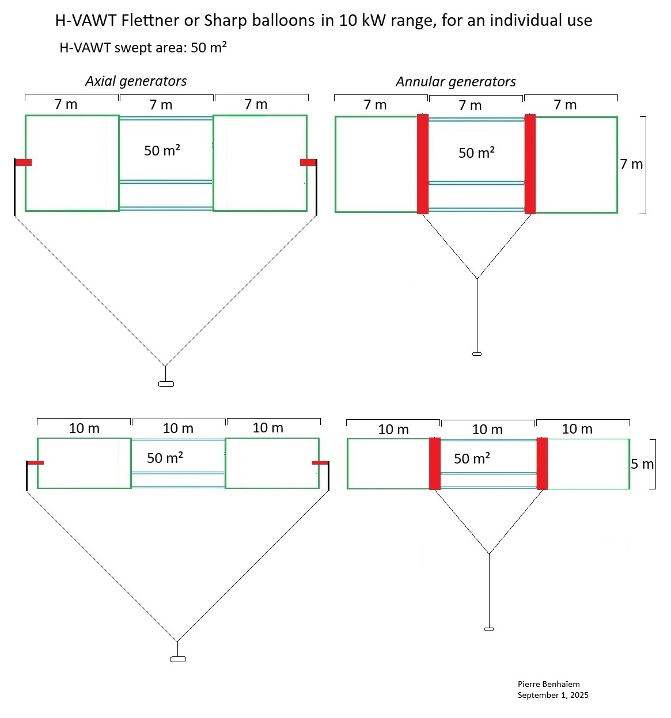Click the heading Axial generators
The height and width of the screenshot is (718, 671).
[x=136, y=81]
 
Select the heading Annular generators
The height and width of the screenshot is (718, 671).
[x=456, y=82]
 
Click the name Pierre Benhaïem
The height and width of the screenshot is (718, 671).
[x=548, y=684]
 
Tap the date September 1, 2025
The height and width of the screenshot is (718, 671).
[x=553, y=695]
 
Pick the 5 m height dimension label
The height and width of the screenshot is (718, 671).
[x=642, y=464]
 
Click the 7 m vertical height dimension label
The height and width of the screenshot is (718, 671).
[x=632, y=164]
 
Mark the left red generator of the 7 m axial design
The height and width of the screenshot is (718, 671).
[x=23, y=162]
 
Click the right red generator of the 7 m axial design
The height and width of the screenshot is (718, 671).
[x=308, y=162]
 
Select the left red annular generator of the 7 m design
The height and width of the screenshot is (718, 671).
[x=423, y=164]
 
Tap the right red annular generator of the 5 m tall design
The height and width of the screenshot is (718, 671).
[x=542, y=464]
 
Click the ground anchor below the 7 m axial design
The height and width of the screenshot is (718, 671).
[x=166, y=384]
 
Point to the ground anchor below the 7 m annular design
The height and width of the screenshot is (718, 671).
[x=477, y=354]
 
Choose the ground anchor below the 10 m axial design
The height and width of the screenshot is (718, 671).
[x=178, y=659]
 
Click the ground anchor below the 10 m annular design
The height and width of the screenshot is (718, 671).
[x=488, y=629]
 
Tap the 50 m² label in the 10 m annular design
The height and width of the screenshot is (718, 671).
[x=472, y=458]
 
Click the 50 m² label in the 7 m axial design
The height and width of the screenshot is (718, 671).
[x=162, y=150]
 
